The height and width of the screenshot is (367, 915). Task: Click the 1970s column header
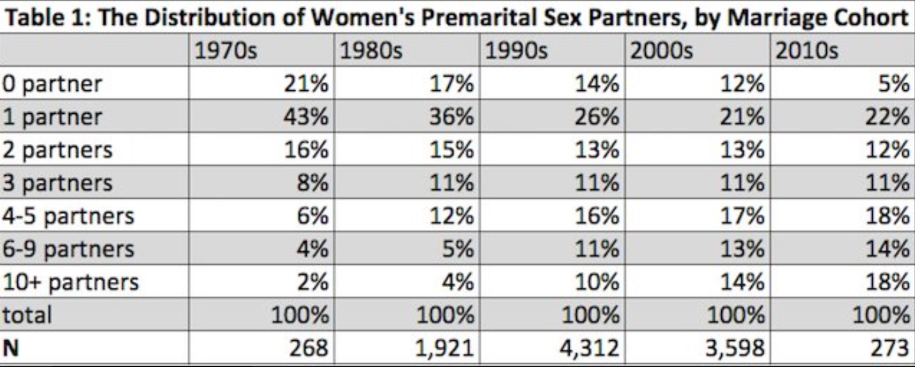click(226, 51)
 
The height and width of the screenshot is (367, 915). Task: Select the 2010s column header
click(806, 51)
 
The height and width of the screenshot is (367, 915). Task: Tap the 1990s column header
click(516, 51)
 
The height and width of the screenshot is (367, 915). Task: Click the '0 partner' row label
click(52, 84)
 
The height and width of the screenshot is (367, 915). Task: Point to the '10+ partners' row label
click(71, 283)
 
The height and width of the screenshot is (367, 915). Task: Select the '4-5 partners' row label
click(68, 216)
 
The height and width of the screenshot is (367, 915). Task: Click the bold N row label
click(11, 348)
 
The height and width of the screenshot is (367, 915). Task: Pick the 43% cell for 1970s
click(306, 117)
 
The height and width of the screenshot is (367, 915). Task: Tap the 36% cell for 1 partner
click(451, 117)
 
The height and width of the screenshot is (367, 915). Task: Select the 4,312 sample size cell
click(589, 348)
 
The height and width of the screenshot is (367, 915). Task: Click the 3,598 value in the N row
click(735, 348)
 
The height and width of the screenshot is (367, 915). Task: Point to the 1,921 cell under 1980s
click(444, 348)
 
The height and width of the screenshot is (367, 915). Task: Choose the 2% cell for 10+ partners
click(313, 282)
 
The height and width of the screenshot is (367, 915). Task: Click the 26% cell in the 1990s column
click(597, 117)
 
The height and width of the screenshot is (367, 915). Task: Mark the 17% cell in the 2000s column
click(742, 216)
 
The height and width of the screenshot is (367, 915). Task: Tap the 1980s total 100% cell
click(445, 315)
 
